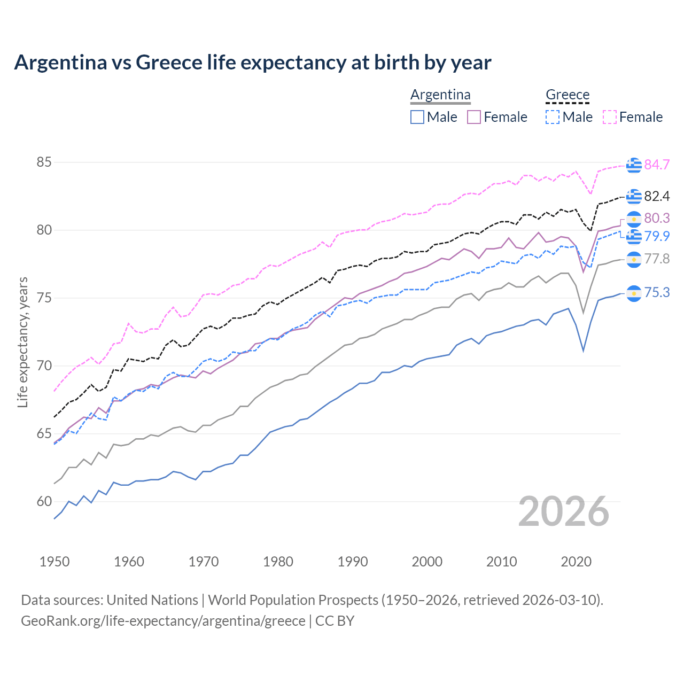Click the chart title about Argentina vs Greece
[x=252, y=63]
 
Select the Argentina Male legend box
[x=417, y=117]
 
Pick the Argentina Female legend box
[x=474, y=117]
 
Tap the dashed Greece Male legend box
[x=553, y=117]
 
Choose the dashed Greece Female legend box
[x=610, y=117]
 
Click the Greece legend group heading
[x=568, y=95]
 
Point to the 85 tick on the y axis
[x=44, y=162]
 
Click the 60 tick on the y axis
[x=44, y=501]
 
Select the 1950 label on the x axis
[x=55, y=562]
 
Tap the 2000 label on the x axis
[x=427, y=562]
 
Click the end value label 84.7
[x=657, y=165]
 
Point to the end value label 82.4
[x=657, y=196]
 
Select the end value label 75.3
[x=657, y=292]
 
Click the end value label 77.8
[x=657, y=259]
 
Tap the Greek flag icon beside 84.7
[x=634, y=165]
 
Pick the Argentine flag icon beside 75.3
[x=634, y=293]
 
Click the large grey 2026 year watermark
[x=564, y=511]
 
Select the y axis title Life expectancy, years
[x=22, y=342]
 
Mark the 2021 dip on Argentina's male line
[x=583, y=351]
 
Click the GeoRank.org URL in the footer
[x=163, y=621]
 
